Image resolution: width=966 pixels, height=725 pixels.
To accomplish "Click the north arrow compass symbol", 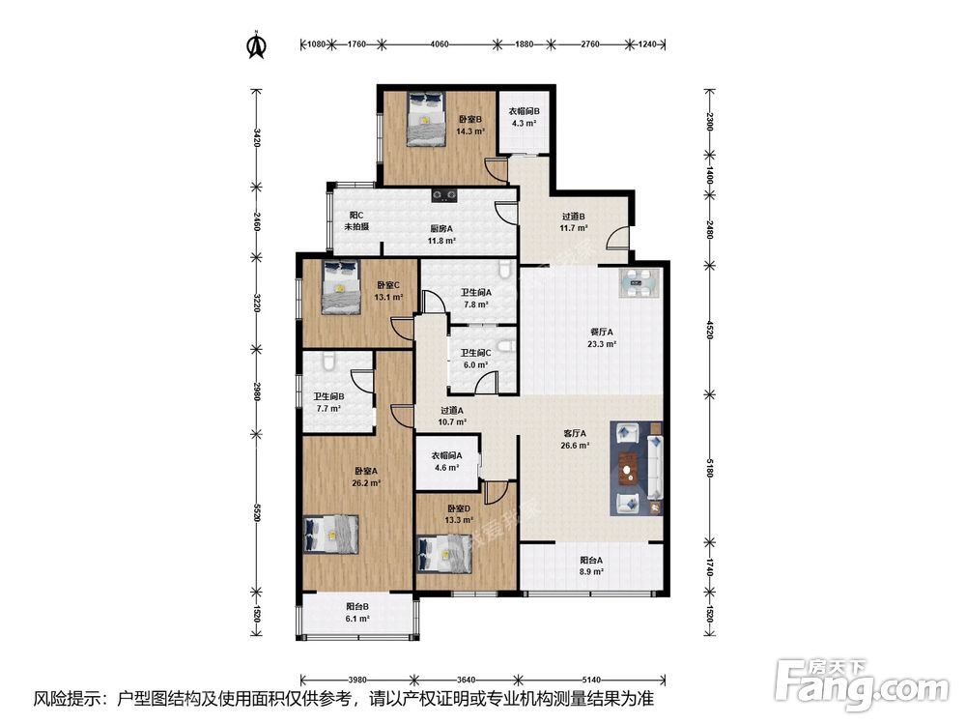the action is [x=256, y=44].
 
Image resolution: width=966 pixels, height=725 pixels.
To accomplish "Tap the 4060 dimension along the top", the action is [x=440, y=44].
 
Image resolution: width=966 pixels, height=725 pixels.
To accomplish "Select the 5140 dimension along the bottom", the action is [x=591, y=680].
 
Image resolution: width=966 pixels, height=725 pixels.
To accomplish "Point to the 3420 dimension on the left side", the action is [x=257, y=137].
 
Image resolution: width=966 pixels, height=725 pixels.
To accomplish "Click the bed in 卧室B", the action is [x=426, y=120].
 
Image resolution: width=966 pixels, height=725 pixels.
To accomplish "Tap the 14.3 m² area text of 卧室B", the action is [x=470, y=131].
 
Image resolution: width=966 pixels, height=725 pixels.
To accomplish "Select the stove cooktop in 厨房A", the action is [x=444, y=195].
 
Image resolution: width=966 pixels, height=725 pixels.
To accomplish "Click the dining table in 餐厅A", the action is [x=639, y=283].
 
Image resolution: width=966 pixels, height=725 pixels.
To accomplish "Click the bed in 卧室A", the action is [x=330, y=534].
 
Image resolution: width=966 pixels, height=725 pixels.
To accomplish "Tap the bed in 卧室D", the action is [x=444, y=555].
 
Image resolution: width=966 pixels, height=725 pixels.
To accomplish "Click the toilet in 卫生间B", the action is [x=330, y=361].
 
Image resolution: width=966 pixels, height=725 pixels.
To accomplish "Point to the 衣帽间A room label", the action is [x=446, y=455].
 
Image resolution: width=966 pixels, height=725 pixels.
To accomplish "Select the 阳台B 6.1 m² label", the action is [x=357, y=612].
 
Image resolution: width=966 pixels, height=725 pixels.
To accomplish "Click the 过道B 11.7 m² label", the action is [x=574, y=222].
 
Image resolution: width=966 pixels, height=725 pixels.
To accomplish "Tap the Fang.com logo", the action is [x=862, y=682].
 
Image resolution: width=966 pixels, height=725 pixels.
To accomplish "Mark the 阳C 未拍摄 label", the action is [x=356, y=220].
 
